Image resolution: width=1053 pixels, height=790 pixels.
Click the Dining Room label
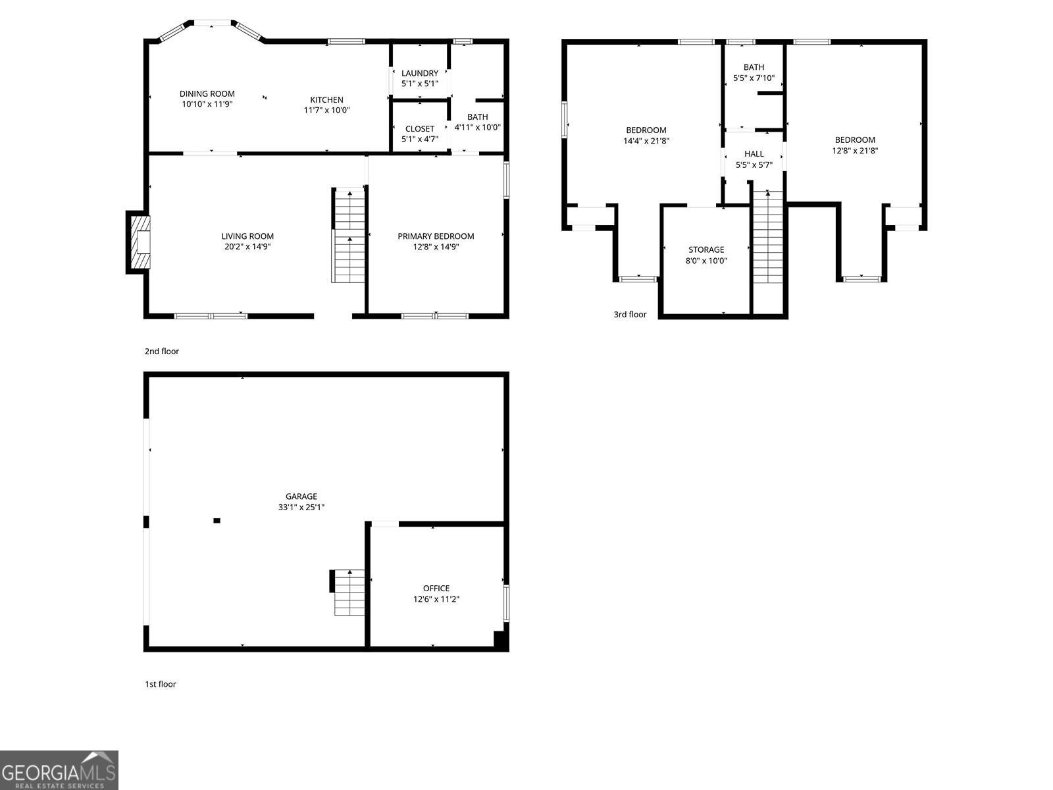pyautogui.click(x=207, y=93)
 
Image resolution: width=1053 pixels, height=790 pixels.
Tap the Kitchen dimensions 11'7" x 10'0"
pyautogui.click(x=326, y=110)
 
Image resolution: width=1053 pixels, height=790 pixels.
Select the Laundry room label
pyautogui.click(x=420, y=73)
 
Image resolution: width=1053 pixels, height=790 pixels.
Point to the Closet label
pyautogui.click(x=420, y=128)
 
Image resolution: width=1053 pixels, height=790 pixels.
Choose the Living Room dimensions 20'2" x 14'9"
pyautogui.click(x=247, y=246)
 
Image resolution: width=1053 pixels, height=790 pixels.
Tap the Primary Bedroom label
pyautogui.click(x=436, y=236)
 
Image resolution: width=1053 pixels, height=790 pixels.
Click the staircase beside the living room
pyautogui.click(x=349, y=235)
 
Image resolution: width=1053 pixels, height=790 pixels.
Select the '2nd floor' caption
pyautogui.click(x=162, y=351)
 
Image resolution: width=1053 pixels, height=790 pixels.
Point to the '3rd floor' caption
pyautogui.click(x=630, y=314)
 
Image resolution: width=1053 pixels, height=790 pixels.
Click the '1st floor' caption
pyautogui.click(x=160, y=684)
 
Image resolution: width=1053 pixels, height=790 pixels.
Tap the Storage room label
pyautogui.click(x=706, y=250)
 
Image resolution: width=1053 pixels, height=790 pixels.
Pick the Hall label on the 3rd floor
pyautogui.click(x=754, y=154)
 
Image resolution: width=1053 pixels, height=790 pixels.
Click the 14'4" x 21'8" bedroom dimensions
pyautogui.click(x=646, y=140)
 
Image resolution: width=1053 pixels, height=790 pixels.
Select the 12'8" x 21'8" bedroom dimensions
pyautogui.click(x=855, y=150)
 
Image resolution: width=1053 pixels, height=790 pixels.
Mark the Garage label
pyautogui.click(x=301, y=496)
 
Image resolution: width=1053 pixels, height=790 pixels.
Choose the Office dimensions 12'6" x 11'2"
pyautogui.click(x=436, y=598)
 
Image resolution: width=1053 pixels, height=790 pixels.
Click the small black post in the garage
pyautogui.click(x=217, y=521)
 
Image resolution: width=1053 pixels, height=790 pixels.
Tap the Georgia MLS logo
pyautogui.click(x=59, y=770)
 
